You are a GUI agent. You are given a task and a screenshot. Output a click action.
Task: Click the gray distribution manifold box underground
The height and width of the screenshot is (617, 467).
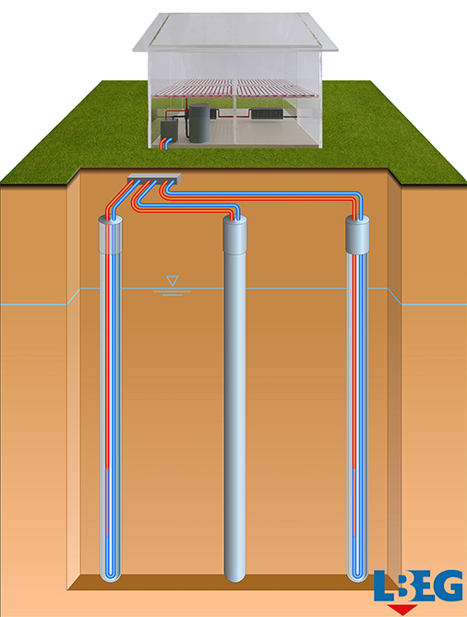154,178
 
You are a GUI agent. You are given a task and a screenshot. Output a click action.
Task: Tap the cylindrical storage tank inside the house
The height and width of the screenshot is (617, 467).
199,123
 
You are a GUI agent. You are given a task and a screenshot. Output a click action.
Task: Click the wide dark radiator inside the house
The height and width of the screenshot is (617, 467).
267,113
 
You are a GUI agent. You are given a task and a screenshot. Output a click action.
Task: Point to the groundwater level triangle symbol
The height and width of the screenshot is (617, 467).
173,281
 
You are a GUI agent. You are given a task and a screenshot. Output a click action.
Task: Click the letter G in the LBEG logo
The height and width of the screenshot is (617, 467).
446,586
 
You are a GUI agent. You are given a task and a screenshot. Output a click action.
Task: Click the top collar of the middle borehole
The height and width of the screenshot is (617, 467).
235,236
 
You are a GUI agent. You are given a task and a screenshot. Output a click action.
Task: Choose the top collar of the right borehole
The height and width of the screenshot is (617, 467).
357,235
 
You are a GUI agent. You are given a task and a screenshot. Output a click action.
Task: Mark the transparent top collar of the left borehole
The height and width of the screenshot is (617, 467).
110,235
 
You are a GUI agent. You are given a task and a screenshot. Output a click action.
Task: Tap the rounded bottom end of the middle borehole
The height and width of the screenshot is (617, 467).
235,575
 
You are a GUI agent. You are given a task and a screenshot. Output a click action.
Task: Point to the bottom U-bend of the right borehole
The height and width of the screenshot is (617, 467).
357,575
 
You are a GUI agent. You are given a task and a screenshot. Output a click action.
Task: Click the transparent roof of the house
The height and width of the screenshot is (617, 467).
235,31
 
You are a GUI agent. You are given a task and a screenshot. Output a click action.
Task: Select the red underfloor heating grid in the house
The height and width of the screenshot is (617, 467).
235,88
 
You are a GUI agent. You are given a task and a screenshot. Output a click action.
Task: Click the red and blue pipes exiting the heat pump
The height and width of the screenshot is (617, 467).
166,144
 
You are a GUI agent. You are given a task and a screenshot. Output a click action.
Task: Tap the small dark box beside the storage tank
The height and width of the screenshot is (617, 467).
214,113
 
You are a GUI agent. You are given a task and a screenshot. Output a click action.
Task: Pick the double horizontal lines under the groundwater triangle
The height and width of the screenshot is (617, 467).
173,292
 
